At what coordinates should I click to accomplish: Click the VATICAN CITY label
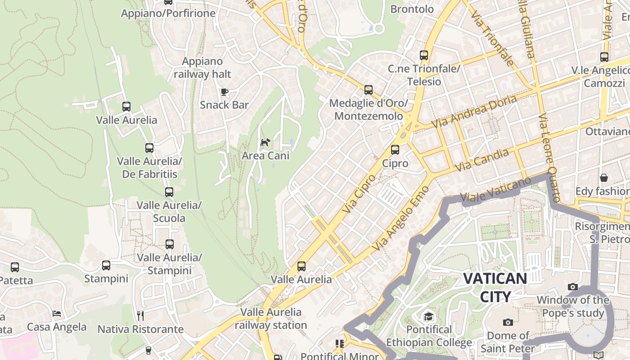click(495, 287)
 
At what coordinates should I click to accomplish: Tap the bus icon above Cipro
click(395, 150)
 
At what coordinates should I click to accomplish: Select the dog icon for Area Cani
click(265, 143)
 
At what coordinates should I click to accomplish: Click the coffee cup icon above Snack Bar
click(224, 92)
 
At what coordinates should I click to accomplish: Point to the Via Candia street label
click(481, 160)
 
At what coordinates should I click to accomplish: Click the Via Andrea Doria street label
click(474, 112)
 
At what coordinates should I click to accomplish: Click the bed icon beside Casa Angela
click(57, 313)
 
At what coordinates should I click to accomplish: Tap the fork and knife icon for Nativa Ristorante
click(140, 315)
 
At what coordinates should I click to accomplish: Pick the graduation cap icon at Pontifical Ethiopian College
click(429, 316)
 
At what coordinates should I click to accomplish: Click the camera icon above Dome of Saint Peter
click(508, 322)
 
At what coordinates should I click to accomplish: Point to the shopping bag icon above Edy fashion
click(604, 178)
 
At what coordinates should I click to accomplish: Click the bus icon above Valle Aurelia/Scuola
click(169, 192)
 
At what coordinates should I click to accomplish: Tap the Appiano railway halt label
click(202, 67)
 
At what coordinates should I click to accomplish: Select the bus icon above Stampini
click(106, 265)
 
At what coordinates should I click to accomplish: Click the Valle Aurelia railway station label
click(271, 319)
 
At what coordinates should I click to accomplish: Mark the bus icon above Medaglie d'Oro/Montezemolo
click(369, 90)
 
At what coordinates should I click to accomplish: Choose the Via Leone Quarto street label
click(549, 157)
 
